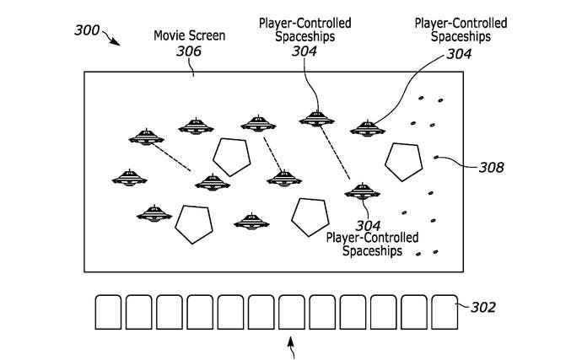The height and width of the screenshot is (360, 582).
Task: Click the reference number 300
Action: tap(87, 30)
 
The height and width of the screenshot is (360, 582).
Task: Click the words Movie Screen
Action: tap(189, 35)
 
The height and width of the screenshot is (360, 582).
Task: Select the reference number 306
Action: tap(189, 51)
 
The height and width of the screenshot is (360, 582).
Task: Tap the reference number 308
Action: tap(492, 168)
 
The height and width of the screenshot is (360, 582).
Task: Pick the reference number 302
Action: tap(483, 307)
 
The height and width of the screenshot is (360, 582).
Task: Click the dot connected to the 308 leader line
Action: tap(437, 158)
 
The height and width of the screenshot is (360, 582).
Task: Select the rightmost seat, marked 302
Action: tap(445, 312)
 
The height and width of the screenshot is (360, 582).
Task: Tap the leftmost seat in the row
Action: tap(108, 312)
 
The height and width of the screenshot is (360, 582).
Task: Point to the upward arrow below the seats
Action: tap(292, 347)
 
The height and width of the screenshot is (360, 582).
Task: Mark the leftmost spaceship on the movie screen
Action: tap(130, 178)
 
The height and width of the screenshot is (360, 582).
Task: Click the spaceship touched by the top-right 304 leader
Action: tap(368, 128)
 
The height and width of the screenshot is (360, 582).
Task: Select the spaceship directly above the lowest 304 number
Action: tap(362, 191)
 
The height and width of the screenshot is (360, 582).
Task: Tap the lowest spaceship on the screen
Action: tap(251, 222)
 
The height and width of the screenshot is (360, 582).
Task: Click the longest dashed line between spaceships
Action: tap(335, 153)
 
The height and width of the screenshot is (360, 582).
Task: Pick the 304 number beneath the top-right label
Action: tap(459, 54)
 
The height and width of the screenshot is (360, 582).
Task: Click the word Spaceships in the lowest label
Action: tap(372, 251)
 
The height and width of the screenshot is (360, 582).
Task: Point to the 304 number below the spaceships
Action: tap(368, 226)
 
